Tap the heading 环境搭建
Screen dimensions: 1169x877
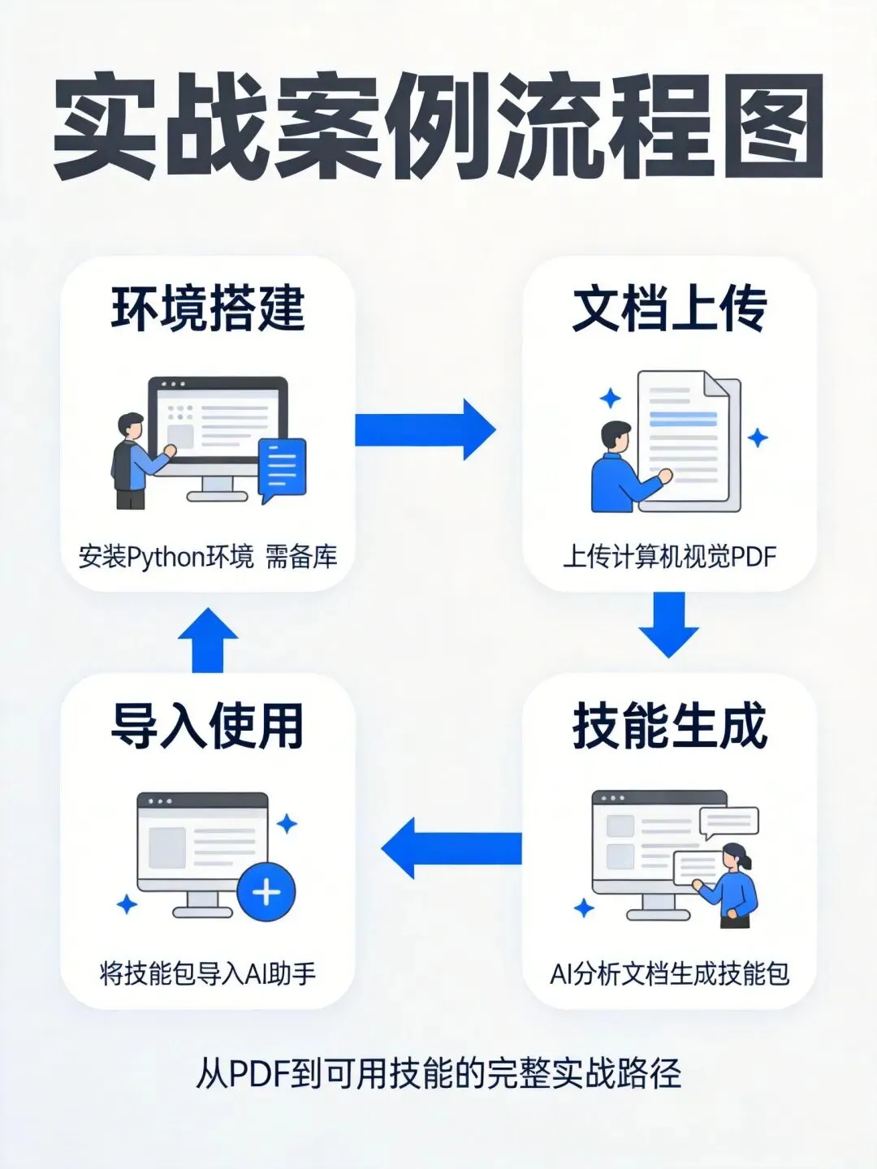click(208, 308)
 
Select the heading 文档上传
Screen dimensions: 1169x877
click(669, 308)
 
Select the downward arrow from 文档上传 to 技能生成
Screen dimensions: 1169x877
click(669, 623)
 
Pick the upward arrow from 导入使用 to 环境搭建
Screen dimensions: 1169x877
click(208, 640)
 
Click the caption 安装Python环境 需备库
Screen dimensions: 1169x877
click(208, 558)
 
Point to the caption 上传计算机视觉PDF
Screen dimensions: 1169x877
click(669, 558)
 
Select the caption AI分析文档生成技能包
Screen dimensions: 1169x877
click(669, 973)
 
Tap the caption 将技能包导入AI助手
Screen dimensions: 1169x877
click(208, 973)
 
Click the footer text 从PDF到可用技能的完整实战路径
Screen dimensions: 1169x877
click(438, 1073)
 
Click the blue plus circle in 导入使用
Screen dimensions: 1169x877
click(266, 892)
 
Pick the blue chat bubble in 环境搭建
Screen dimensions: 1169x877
click(283, 468)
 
